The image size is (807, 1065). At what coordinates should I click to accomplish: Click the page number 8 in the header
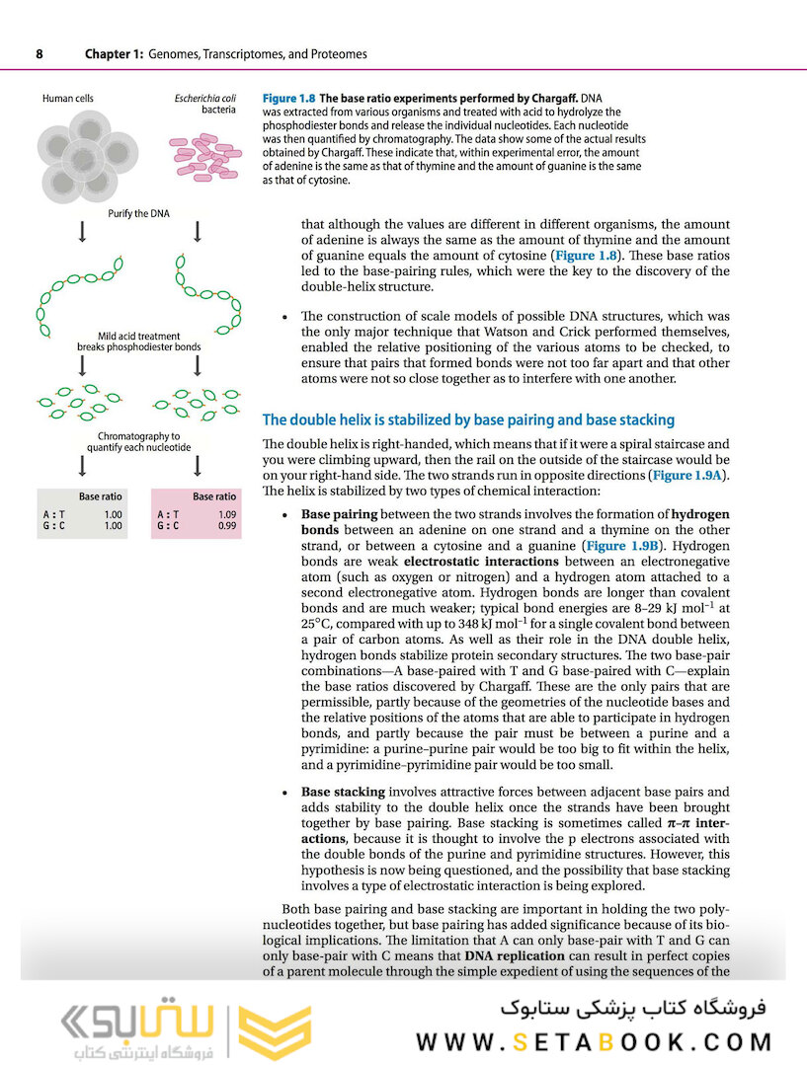[39, 54]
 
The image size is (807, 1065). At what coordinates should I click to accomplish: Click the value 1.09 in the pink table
[226, 514]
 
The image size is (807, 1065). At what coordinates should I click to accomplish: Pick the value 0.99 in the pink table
[226, 527]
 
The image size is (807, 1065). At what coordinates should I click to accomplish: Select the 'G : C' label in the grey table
[55, 527]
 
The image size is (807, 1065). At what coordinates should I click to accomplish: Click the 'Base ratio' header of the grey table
[100, 497]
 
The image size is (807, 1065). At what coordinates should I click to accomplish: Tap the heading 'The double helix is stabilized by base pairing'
[468, 420]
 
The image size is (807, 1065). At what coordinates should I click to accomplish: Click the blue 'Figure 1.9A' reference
[687, 476]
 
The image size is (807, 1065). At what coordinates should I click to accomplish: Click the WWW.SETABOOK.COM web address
[593, 1041]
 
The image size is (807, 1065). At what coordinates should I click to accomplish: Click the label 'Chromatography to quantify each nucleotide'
[139, 441]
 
